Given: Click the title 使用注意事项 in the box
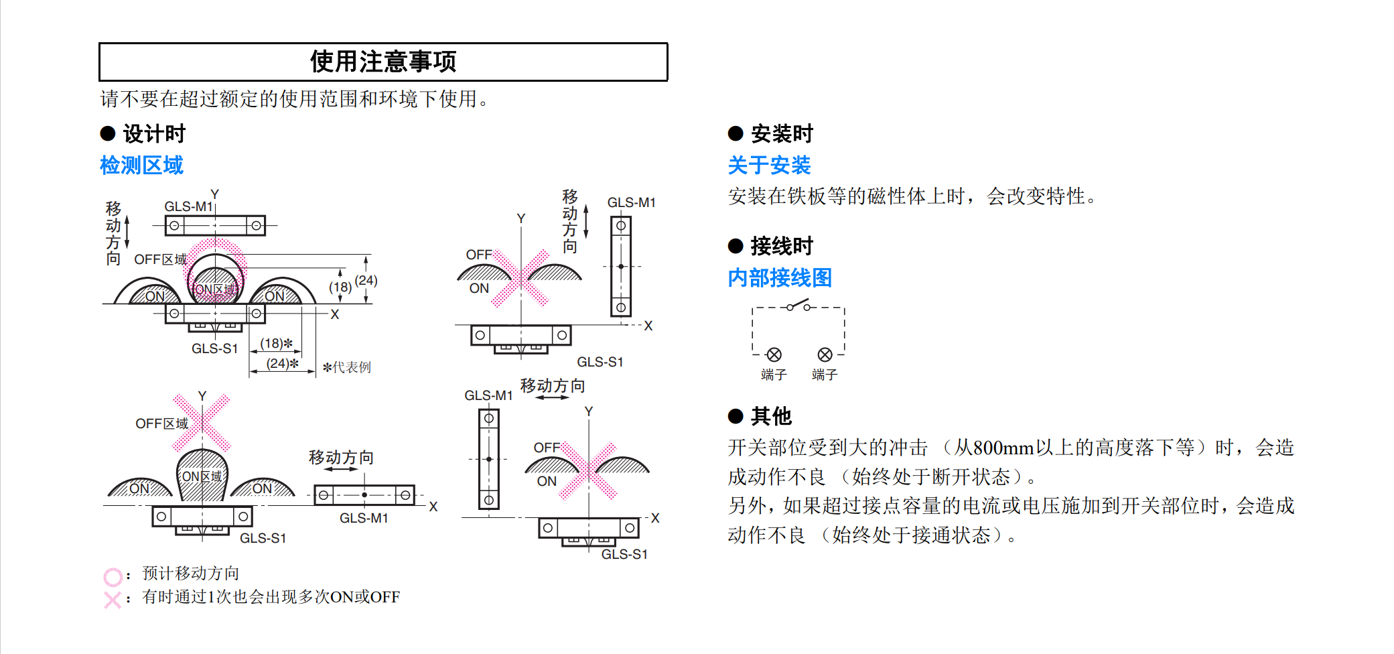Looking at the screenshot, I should coord(382,62).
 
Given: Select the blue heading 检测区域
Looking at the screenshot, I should coord(141,165).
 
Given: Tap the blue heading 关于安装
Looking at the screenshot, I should coord(769,165).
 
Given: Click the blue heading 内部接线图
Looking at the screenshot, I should coord(780,277).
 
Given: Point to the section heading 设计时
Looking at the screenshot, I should coord(153,133).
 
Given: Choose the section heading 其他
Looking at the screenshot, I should coord(771,416).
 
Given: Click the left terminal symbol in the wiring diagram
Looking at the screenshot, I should coord(774,354).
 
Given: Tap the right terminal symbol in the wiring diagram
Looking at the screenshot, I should coord(825,354).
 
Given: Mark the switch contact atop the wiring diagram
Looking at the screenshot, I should coord(798,306).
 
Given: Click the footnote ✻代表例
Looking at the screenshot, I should coord(346,367).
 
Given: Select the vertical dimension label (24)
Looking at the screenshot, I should coord(366,280).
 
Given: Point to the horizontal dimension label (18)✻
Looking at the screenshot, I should coord(276,343).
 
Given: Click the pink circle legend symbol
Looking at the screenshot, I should coord(113,576).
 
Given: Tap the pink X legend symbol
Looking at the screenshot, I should coord(113,600).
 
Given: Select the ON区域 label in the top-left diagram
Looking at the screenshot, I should coord(214,289).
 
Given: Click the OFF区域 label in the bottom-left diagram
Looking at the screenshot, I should coord(161,423).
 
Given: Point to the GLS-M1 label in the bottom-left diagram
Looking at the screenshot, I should coord(364,518).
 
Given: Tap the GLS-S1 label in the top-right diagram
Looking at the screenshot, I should coord(600,362).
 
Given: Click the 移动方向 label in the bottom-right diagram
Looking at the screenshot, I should coord(553,386).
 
